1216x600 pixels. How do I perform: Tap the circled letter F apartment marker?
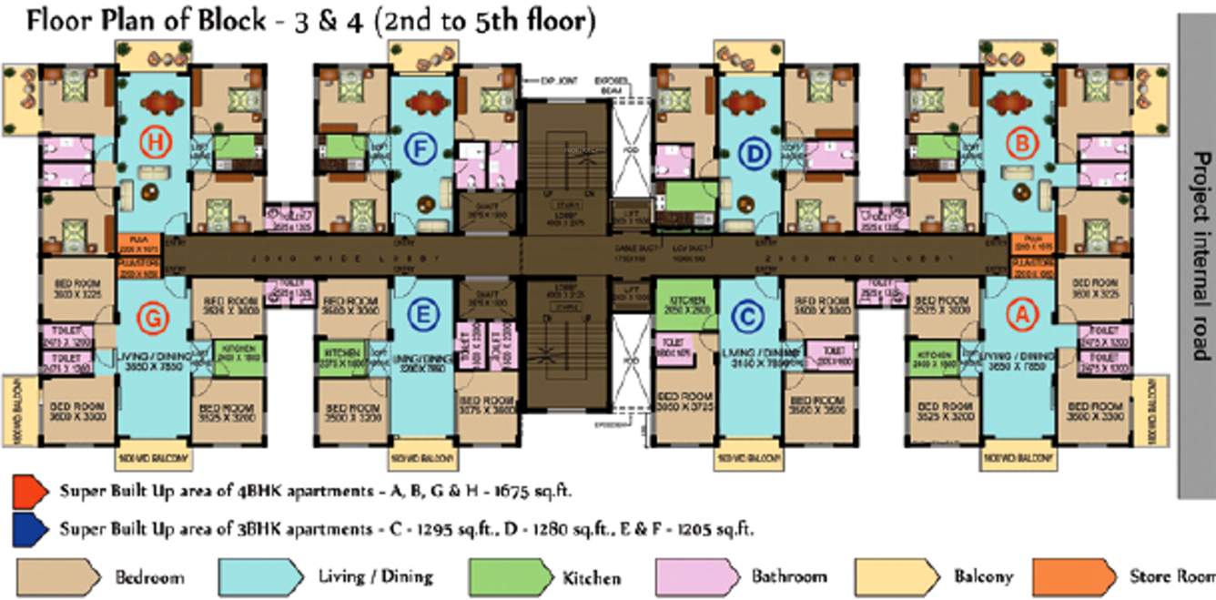(x=420, y=147)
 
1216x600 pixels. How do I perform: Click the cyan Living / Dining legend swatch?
(x=259, y=576)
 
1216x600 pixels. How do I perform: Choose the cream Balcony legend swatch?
(x=897, y=576)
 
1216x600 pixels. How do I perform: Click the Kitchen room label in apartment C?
(x=690, y=300)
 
